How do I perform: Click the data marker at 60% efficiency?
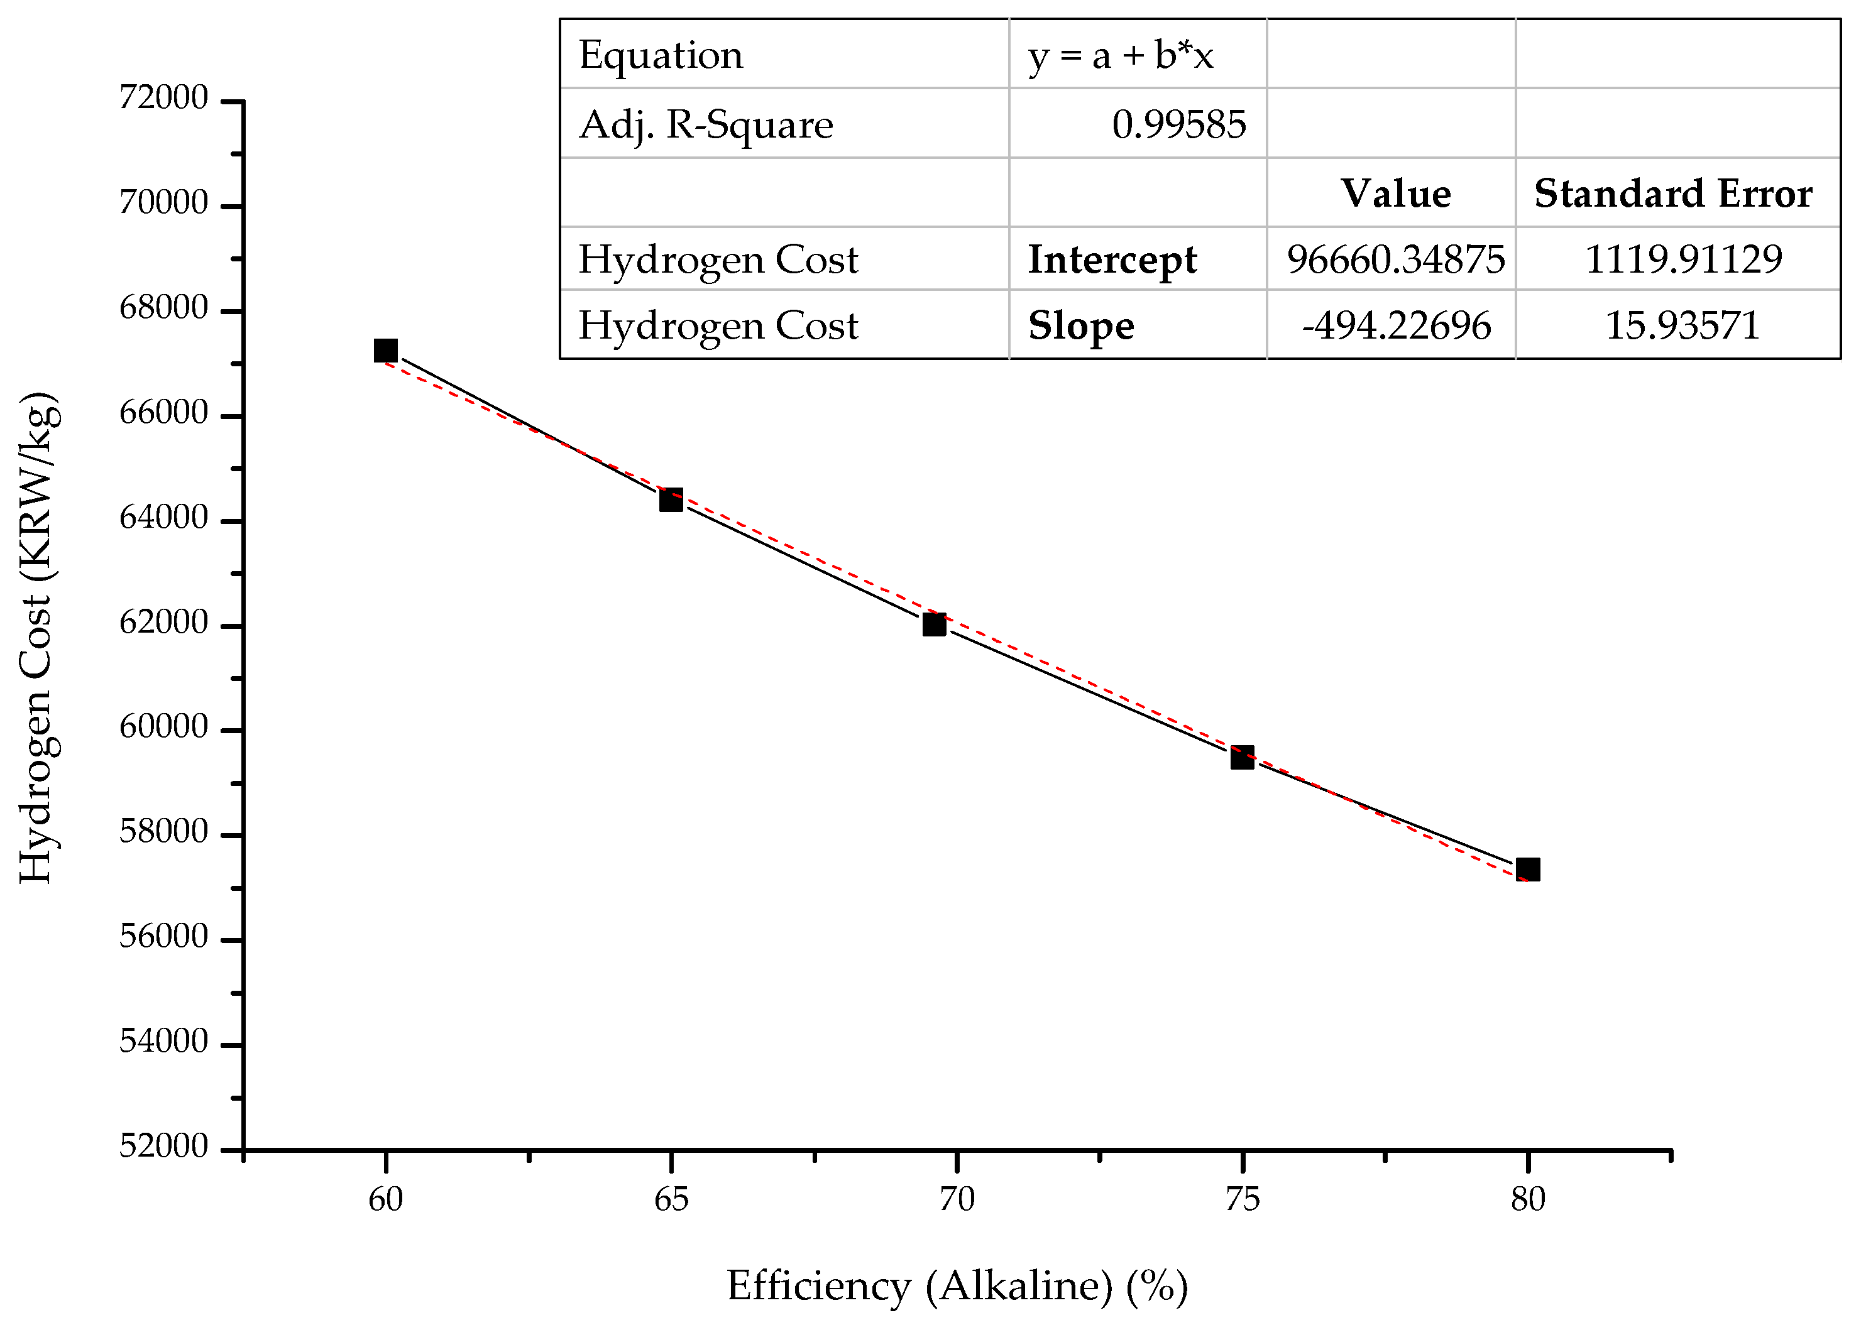pos(385,351)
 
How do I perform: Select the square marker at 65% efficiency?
pos(671,499)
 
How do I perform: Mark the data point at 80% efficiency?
pos(1528,869)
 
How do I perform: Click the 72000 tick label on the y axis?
pos(164,98)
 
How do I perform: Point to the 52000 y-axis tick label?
pos(164,1147)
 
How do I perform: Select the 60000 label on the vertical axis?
pos(164,726)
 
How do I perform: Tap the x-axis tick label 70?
pos(957,1199)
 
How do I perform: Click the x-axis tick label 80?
pos(1528,1199)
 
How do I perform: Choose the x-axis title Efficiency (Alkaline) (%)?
pos(957,1287)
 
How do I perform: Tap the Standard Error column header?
pos(1673,194)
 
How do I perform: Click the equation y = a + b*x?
pos(1121,55)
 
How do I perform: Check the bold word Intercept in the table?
pos(1112,259)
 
